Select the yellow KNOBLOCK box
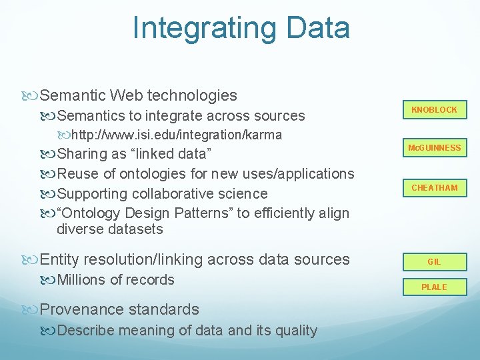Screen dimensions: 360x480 (434, 109)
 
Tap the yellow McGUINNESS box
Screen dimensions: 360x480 (434, 147)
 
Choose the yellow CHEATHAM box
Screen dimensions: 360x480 (434, 187)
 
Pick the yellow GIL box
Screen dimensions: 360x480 (434, 262)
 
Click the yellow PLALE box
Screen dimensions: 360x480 (434, 287)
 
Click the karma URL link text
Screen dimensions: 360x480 (176, 135)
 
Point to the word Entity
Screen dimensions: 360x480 (62, 259)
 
